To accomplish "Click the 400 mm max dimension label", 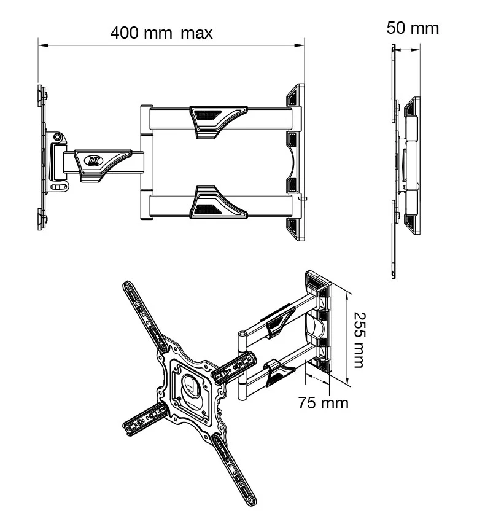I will click(161, 33).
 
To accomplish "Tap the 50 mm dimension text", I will click(413, 28).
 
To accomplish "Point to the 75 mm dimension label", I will click(323, 403).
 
